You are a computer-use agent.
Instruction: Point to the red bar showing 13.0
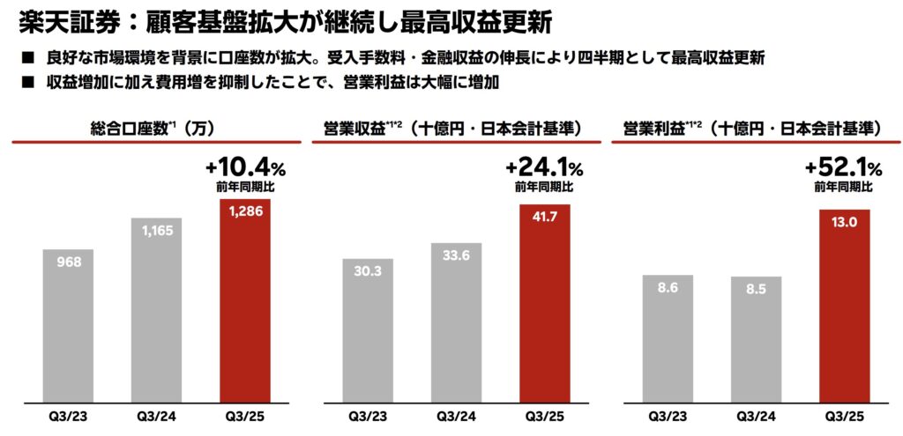845,303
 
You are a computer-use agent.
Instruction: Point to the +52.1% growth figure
842,167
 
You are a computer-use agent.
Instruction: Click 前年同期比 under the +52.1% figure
843,187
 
